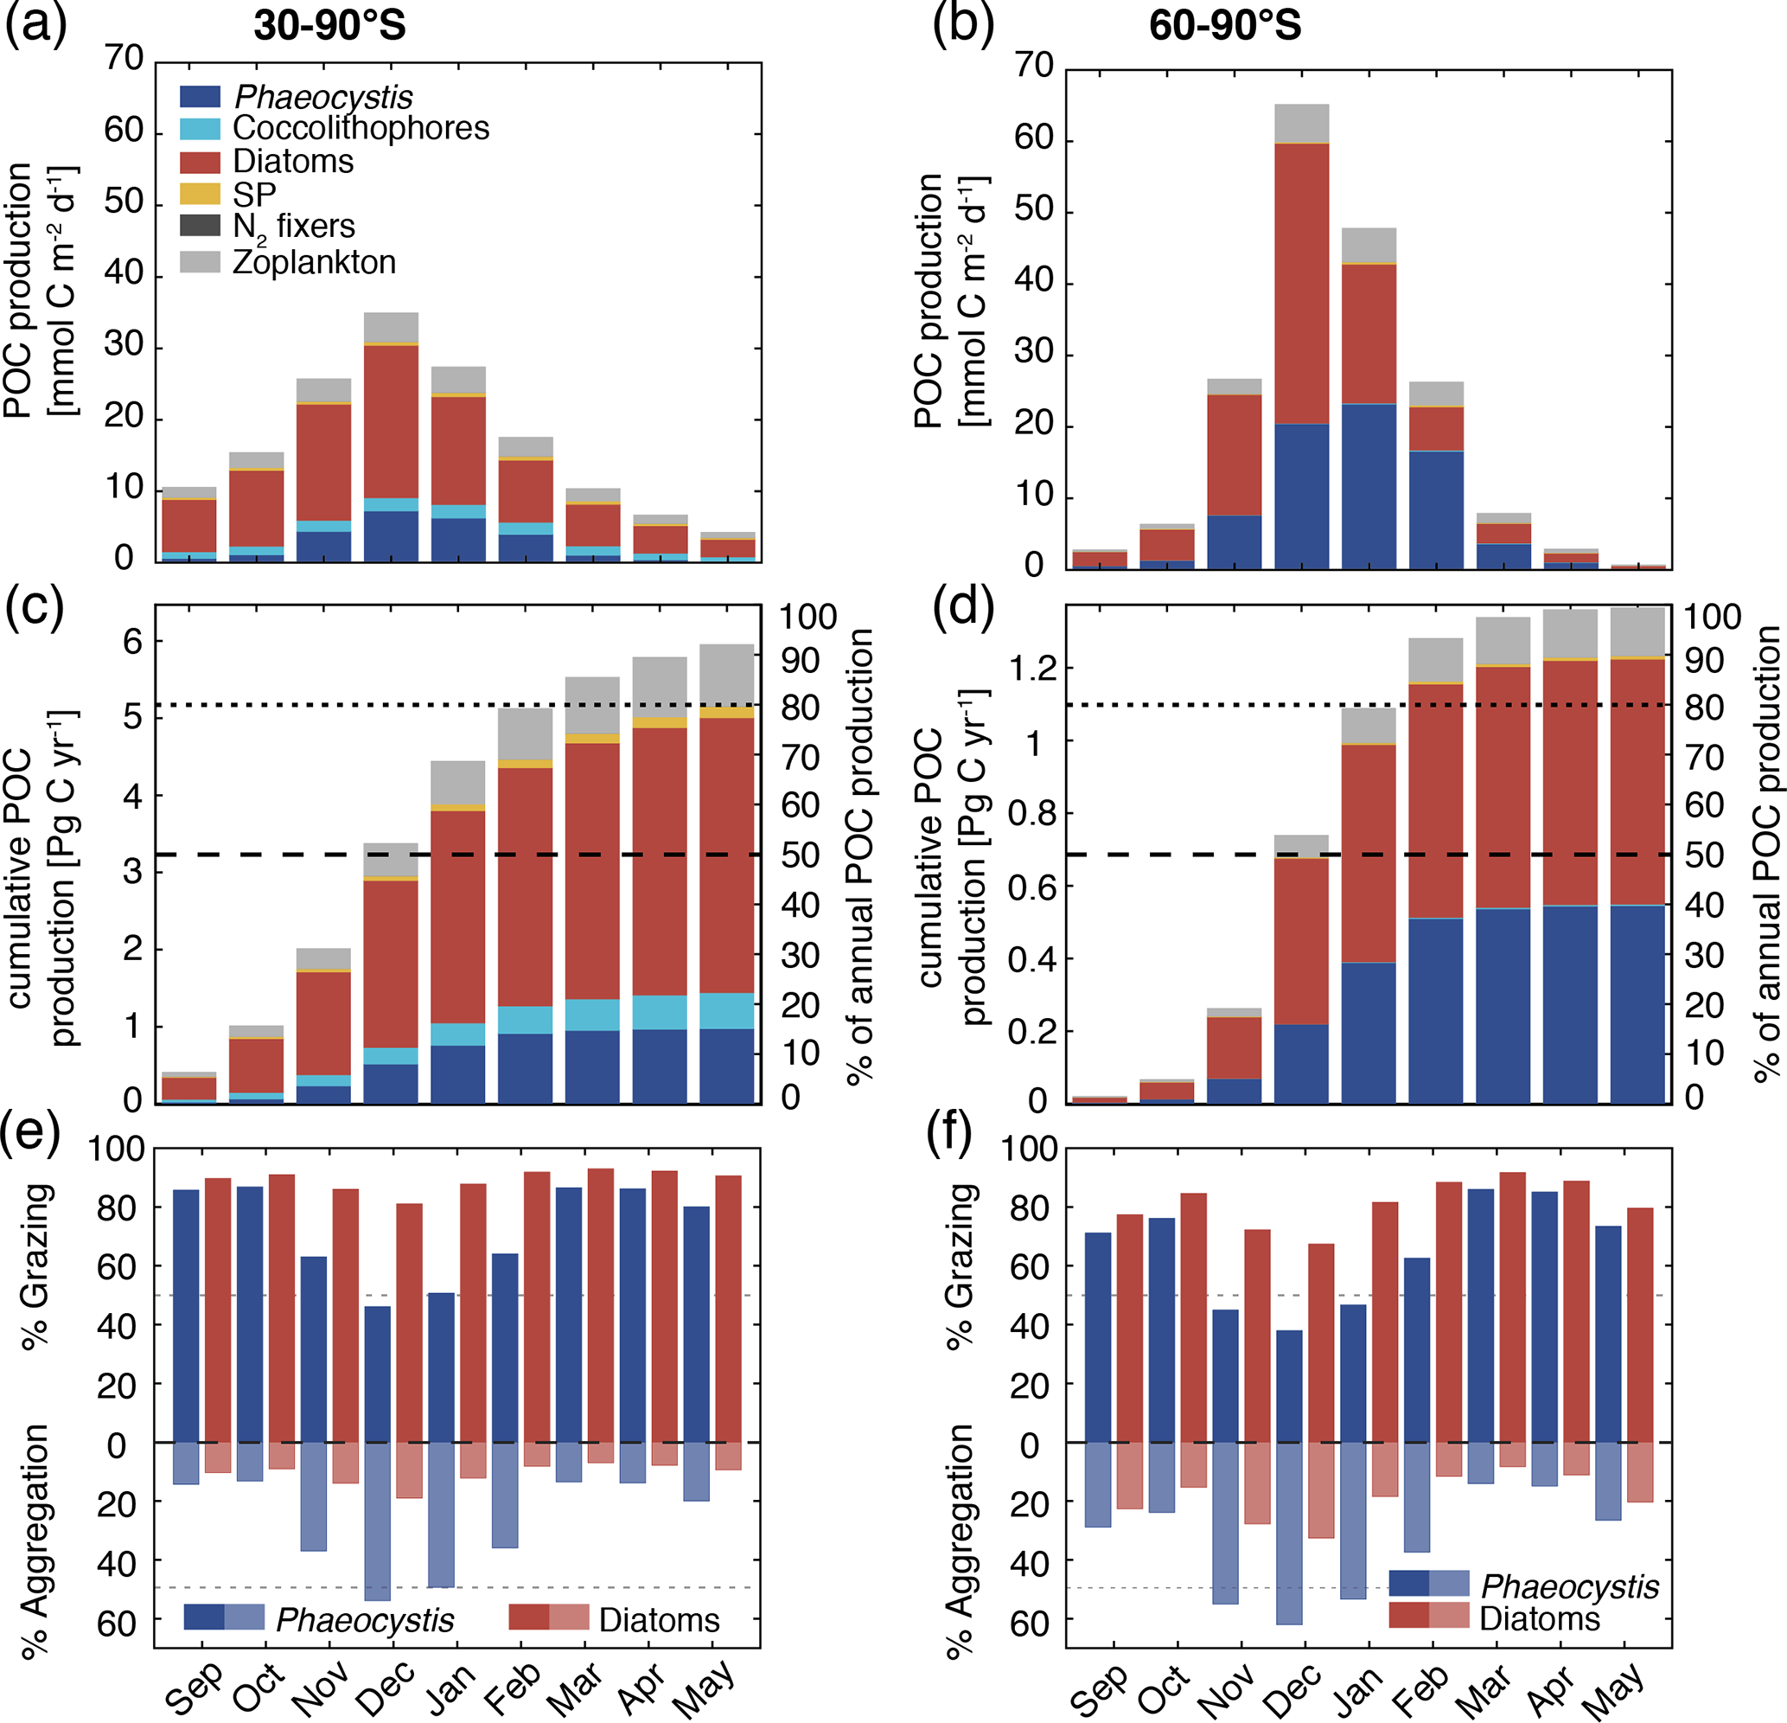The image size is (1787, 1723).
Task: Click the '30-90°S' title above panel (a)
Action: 329,24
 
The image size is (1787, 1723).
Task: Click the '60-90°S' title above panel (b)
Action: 1224,24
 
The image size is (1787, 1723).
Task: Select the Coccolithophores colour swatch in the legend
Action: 200,129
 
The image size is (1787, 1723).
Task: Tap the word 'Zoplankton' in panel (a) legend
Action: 314,263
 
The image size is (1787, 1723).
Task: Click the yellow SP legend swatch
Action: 200,195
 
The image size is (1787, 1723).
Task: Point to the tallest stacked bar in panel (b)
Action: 1301,337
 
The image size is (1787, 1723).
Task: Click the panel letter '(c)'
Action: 35,606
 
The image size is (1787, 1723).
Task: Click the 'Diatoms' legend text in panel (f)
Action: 1540,1619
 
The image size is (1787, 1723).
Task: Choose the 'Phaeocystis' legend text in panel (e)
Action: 365,1620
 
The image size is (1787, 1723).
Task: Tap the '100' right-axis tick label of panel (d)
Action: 1711,618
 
